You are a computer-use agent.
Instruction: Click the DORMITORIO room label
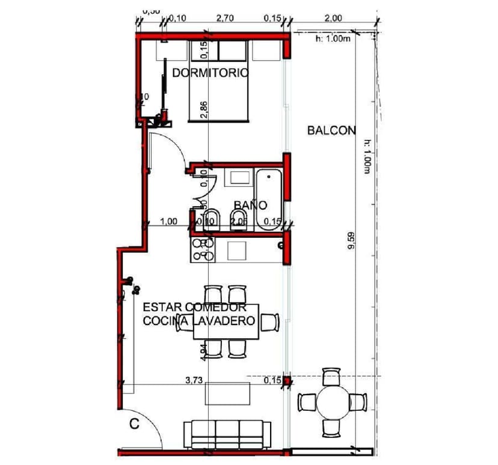tap(211, 73)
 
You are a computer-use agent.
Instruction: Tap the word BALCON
tap(331, 130)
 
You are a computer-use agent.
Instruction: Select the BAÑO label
tap(250, 205)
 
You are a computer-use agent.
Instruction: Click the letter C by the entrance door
tap(135, 424)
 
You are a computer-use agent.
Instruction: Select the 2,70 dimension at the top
tap(224, 18)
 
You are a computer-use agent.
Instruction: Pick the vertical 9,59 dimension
tap(351, 251)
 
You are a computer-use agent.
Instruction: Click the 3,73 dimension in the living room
tap(193, 380)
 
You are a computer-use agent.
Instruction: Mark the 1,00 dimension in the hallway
tap(169, 222)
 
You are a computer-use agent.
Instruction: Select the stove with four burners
tap(202, 249)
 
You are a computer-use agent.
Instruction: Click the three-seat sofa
tap(227, 433)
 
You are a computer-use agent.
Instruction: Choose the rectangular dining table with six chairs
tap(226, 322)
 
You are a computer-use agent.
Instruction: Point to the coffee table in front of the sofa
tap(228, 394)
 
